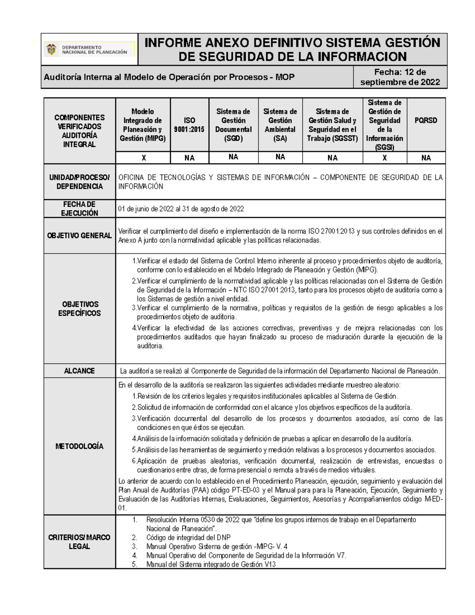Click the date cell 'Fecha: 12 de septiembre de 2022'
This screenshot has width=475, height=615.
400,77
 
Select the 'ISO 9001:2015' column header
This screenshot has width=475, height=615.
189,125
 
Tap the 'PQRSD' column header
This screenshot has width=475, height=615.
426,120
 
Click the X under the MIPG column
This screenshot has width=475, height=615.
143,158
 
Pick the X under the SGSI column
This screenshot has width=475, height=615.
384,158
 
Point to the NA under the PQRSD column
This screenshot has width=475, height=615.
426,158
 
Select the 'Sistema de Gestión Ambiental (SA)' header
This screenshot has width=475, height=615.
280,125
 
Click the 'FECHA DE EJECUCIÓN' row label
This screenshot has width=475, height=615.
80,209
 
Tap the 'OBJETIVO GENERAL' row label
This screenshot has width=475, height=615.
80,236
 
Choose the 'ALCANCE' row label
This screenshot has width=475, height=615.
80,371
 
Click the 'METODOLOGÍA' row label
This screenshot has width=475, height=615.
80,446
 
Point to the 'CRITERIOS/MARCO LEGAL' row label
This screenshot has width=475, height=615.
80,542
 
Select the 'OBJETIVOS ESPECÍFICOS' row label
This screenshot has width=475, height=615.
80,308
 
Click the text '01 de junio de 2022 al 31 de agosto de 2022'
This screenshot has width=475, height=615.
181,209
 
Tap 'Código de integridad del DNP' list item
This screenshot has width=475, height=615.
188,537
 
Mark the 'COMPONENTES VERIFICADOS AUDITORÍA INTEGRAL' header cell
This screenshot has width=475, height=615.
80,131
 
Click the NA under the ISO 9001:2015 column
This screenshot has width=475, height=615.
189,158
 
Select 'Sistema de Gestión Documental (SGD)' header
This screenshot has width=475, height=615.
233,125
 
